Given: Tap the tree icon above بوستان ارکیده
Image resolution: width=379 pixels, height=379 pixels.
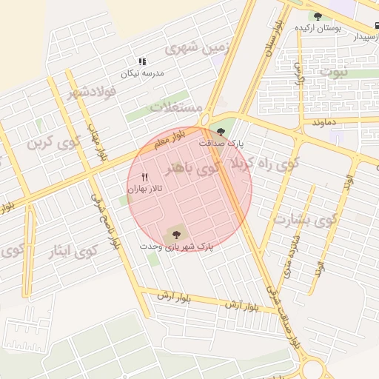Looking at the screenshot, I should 318,16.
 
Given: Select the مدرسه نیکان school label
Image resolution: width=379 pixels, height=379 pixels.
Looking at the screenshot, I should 144,73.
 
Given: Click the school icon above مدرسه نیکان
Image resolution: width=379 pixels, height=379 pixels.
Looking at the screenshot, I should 142,62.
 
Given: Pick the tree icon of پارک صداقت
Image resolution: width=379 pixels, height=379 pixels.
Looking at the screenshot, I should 221,132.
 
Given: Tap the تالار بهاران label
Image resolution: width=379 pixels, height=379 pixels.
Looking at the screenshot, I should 145,189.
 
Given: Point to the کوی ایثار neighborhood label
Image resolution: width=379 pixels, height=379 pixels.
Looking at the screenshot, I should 77,251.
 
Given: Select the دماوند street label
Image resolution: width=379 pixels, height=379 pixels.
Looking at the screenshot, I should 325,121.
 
